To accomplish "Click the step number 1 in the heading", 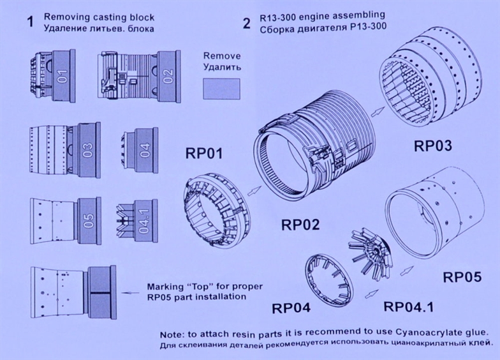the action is point(31,22).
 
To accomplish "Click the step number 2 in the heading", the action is point(247,23).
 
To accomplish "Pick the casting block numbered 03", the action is point(89,149).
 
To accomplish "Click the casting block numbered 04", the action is point(145,149).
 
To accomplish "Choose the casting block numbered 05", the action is point(89,221).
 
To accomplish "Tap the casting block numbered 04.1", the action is point(144,221).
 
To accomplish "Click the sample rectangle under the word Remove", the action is point(221,89).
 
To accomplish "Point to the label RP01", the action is point(204,153).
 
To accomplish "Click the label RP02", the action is point(300,225).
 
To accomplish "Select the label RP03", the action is point(432,146).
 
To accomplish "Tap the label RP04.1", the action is point(409,306).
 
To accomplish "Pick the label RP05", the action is point(462,277).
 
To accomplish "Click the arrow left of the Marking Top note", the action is point(131,292).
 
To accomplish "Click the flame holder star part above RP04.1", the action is point(371,251).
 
